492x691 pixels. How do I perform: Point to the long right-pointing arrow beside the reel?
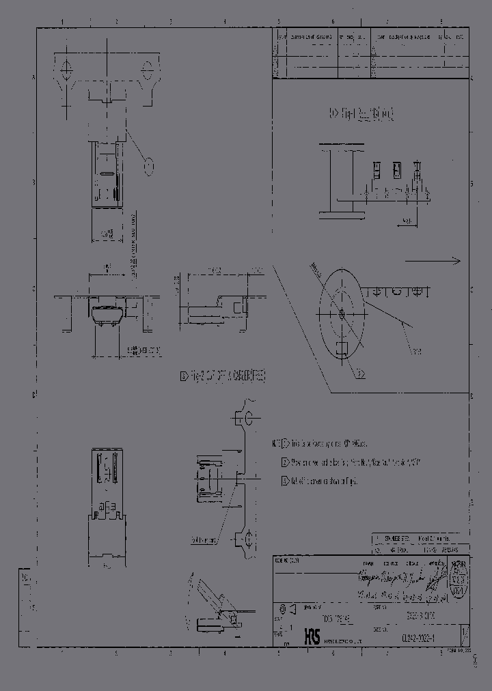point(433,260)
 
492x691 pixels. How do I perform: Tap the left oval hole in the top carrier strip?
point(67,68)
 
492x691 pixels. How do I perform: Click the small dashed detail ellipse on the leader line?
point(148,166)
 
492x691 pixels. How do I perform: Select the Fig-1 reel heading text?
point(361,113)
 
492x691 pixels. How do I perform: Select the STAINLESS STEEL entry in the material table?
point(396,539)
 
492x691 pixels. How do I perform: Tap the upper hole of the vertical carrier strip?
point(249,418)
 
